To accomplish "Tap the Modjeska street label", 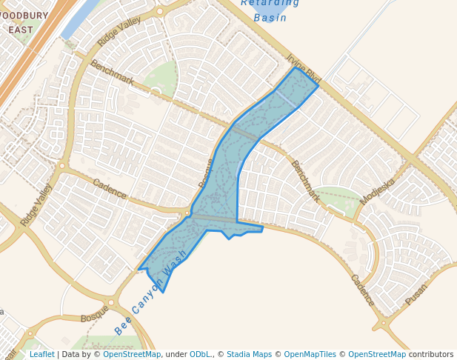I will pyautogui.click(x=378, y=190).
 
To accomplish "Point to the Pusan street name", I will pyautogui.click(x=417, y=295).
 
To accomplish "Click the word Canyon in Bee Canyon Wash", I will pyautogui.click(x=147, y=296).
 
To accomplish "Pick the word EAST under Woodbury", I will pyautogui.click(x=21, y=30).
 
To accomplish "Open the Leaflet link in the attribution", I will pyautogui.click(x=41, y=354).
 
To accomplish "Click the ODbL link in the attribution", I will pyautogui.click(x=200, y=354).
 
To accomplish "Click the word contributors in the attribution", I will pyautogui.click(x=431, y=354).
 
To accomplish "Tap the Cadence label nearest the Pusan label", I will pyautogui.click(x=363, y=291).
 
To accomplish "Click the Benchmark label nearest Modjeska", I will pyautogui.click(x=305, y=181).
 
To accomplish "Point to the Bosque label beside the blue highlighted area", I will pyautogui.click(x=206, y=173).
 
